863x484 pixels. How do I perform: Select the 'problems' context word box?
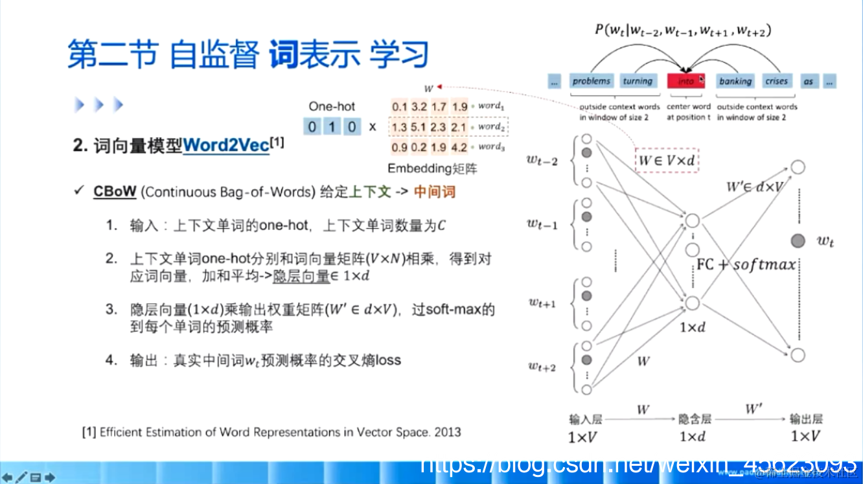pos(591,81)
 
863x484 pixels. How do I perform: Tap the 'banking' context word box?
pos(735,81)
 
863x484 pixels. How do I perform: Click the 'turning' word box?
pos(637,81)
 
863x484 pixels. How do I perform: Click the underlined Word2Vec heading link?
pos(225,146)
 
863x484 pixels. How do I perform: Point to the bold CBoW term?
pos(115,192)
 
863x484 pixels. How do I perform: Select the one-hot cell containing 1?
pos(332,126)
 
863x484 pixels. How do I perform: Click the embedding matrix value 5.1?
pos(419,127)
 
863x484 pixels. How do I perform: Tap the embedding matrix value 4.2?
pos(459,147)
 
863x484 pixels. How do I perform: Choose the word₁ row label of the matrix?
pos(490,106)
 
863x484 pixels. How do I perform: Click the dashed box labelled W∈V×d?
pos(667,159)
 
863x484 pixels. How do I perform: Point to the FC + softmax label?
pos(746,265)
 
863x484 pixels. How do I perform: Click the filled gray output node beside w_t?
pos(798,241)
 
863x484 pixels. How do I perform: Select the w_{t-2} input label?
pos(542,161)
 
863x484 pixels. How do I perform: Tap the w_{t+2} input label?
pos(542,367)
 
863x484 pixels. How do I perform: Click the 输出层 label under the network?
pos(805,419)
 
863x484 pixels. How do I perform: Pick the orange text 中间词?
pos(435,192)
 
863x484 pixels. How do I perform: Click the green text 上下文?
pos(371,192)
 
